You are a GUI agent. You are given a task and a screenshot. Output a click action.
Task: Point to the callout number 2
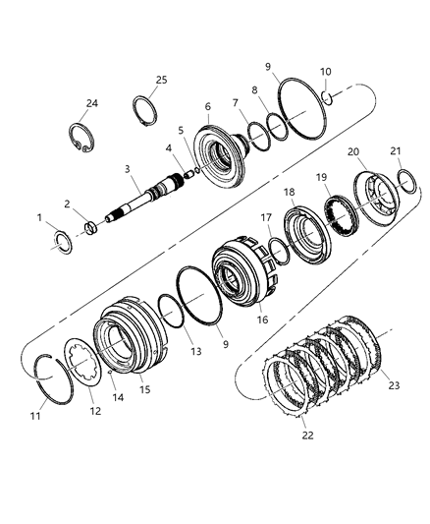[x=66, y=204]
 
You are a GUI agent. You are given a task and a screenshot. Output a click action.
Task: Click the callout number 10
[x=326, y=72]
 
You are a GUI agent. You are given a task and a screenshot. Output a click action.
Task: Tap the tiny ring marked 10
[x=333, y=96]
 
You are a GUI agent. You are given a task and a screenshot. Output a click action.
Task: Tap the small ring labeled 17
[x=279, y=253]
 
